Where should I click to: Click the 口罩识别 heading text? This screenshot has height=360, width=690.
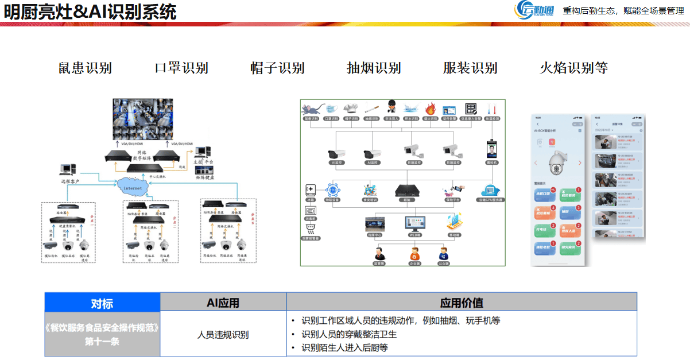181,68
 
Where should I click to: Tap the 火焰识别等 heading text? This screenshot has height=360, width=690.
573,68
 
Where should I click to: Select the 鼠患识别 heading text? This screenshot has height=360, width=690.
85,68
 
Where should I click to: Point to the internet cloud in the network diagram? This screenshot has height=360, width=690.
133,187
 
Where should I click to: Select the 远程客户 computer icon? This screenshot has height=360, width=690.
68,170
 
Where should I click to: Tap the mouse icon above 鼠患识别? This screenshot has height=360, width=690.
311,109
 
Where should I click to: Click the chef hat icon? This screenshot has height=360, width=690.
351,109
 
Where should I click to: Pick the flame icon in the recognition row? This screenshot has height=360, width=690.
430,109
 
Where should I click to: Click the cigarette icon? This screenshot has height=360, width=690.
371,109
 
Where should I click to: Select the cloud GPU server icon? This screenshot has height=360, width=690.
491,191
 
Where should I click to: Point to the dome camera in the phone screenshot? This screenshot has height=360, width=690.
556,164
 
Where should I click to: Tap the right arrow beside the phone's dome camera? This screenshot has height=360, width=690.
579,163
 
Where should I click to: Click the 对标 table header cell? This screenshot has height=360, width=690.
102,303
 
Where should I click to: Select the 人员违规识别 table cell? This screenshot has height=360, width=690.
223,334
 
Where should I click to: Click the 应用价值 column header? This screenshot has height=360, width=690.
462,303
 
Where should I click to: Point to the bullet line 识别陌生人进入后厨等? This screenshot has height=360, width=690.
344,347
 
